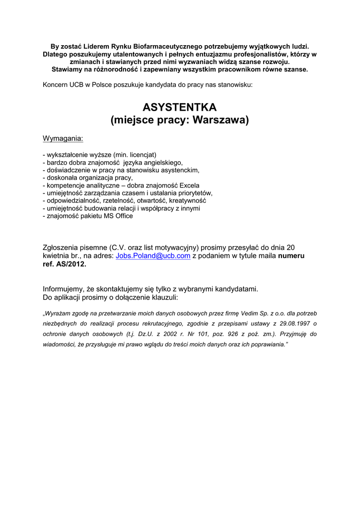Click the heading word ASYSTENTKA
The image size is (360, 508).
180,108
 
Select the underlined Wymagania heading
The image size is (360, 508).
63,137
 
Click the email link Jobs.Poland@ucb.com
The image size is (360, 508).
153,256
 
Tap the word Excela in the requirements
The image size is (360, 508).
182,185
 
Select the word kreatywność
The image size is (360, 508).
187,200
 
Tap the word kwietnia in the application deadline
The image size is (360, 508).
56,256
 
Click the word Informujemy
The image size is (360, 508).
64,289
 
